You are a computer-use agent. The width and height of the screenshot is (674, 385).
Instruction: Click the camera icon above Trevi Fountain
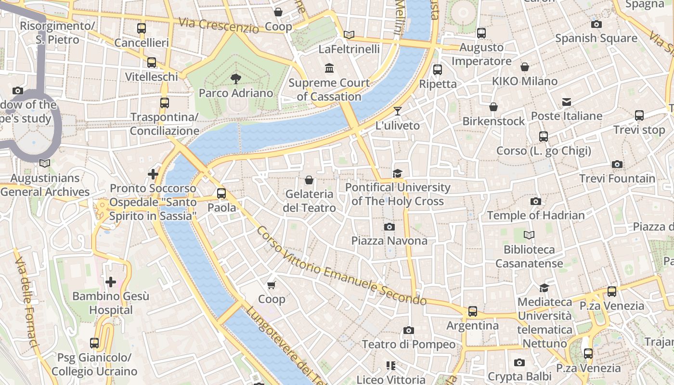tap(617, 165)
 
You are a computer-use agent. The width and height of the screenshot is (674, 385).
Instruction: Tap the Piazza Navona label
tap(389, 241)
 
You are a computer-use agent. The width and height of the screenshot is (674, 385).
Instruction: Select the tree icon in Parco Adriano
tap(236, 79)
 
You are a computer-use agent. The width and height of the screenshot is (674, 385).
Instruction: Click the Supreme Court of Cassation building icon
tap(329, 68)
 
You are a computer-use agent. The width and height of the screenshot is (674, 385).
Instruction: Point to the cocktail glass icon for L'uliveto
tap(397, 112)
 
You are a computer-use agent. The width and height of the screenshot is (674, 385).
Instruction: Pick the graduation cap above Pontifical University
tap(397, 173)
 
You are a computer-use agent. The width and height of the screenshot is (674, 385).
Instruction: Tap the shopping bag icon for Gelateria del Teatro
tap(309, 180)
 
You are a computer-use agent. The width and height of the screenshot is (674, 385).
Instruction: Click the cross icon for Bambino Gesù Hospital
tap(111, 282)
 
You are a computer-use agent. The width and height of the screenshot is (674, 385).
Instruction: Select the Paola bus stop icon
tap(221, 193)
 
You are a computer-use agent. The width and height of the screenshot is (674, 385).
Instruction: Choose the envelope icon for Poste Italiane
tap(566, 102)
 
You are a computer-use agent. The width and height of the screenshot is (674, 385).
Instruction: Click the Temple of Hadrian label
tap(536, 215)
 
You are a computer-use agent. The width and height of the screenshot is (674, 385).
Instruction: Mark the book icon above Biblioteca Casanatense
tap(529, 235)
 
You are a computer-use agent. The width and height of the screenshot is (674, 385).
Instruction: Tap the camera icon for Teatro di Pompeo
tap(409, 330)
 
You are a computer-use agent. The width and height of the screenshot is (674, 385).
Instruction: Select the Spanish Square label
tap(596, 38)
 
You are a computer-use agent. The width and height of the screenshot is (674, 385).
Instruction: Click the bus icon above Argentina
tap(473, 311)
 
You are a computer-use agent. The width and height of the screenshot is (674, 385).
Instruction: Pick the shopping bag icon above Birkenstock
tap(493, 107)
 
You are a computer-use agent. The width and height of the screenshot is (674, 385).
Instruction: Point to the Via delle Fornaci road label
tap(26, 302)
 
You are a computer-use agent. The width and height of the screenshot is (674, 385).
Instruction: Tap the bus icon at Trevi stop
tap(639, 115)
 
